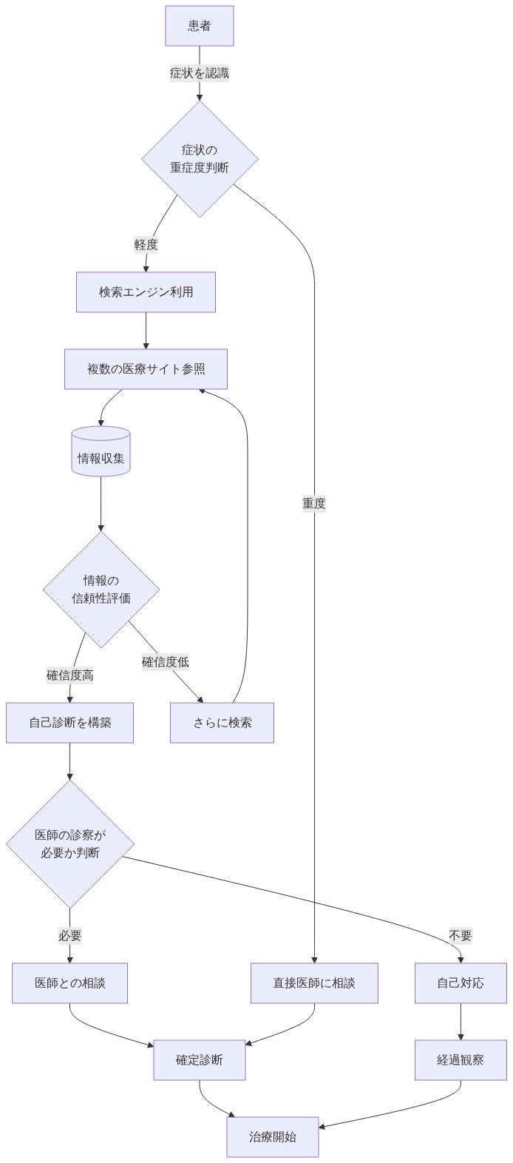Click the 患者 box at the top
[200, 26]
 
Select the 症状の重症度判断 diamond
[200, 159]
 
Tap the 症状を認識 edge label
[200, 73]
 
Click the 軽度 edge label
[146, 244]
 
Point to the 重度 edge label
[314, 503]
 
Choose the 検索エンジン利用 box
[146, 292]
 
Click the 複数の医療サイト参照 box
[146, 369]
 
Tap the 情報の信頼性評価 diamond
[101, 590]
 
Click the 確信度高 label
[69, 675]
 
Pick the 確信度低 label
[165, 661]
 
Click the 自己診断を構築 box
[69, 723]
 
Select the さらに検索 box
[222, 723]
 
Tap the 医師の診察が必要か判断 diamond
[69, 844]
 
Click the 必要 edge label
[69, 936]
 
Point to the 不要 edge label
[460, 936]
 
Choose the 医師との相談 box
[69, 983]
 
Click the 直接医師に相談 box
[314, 983]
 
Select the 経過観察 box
[460, 1060]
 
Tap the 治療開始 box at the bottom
[272, 1137]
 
